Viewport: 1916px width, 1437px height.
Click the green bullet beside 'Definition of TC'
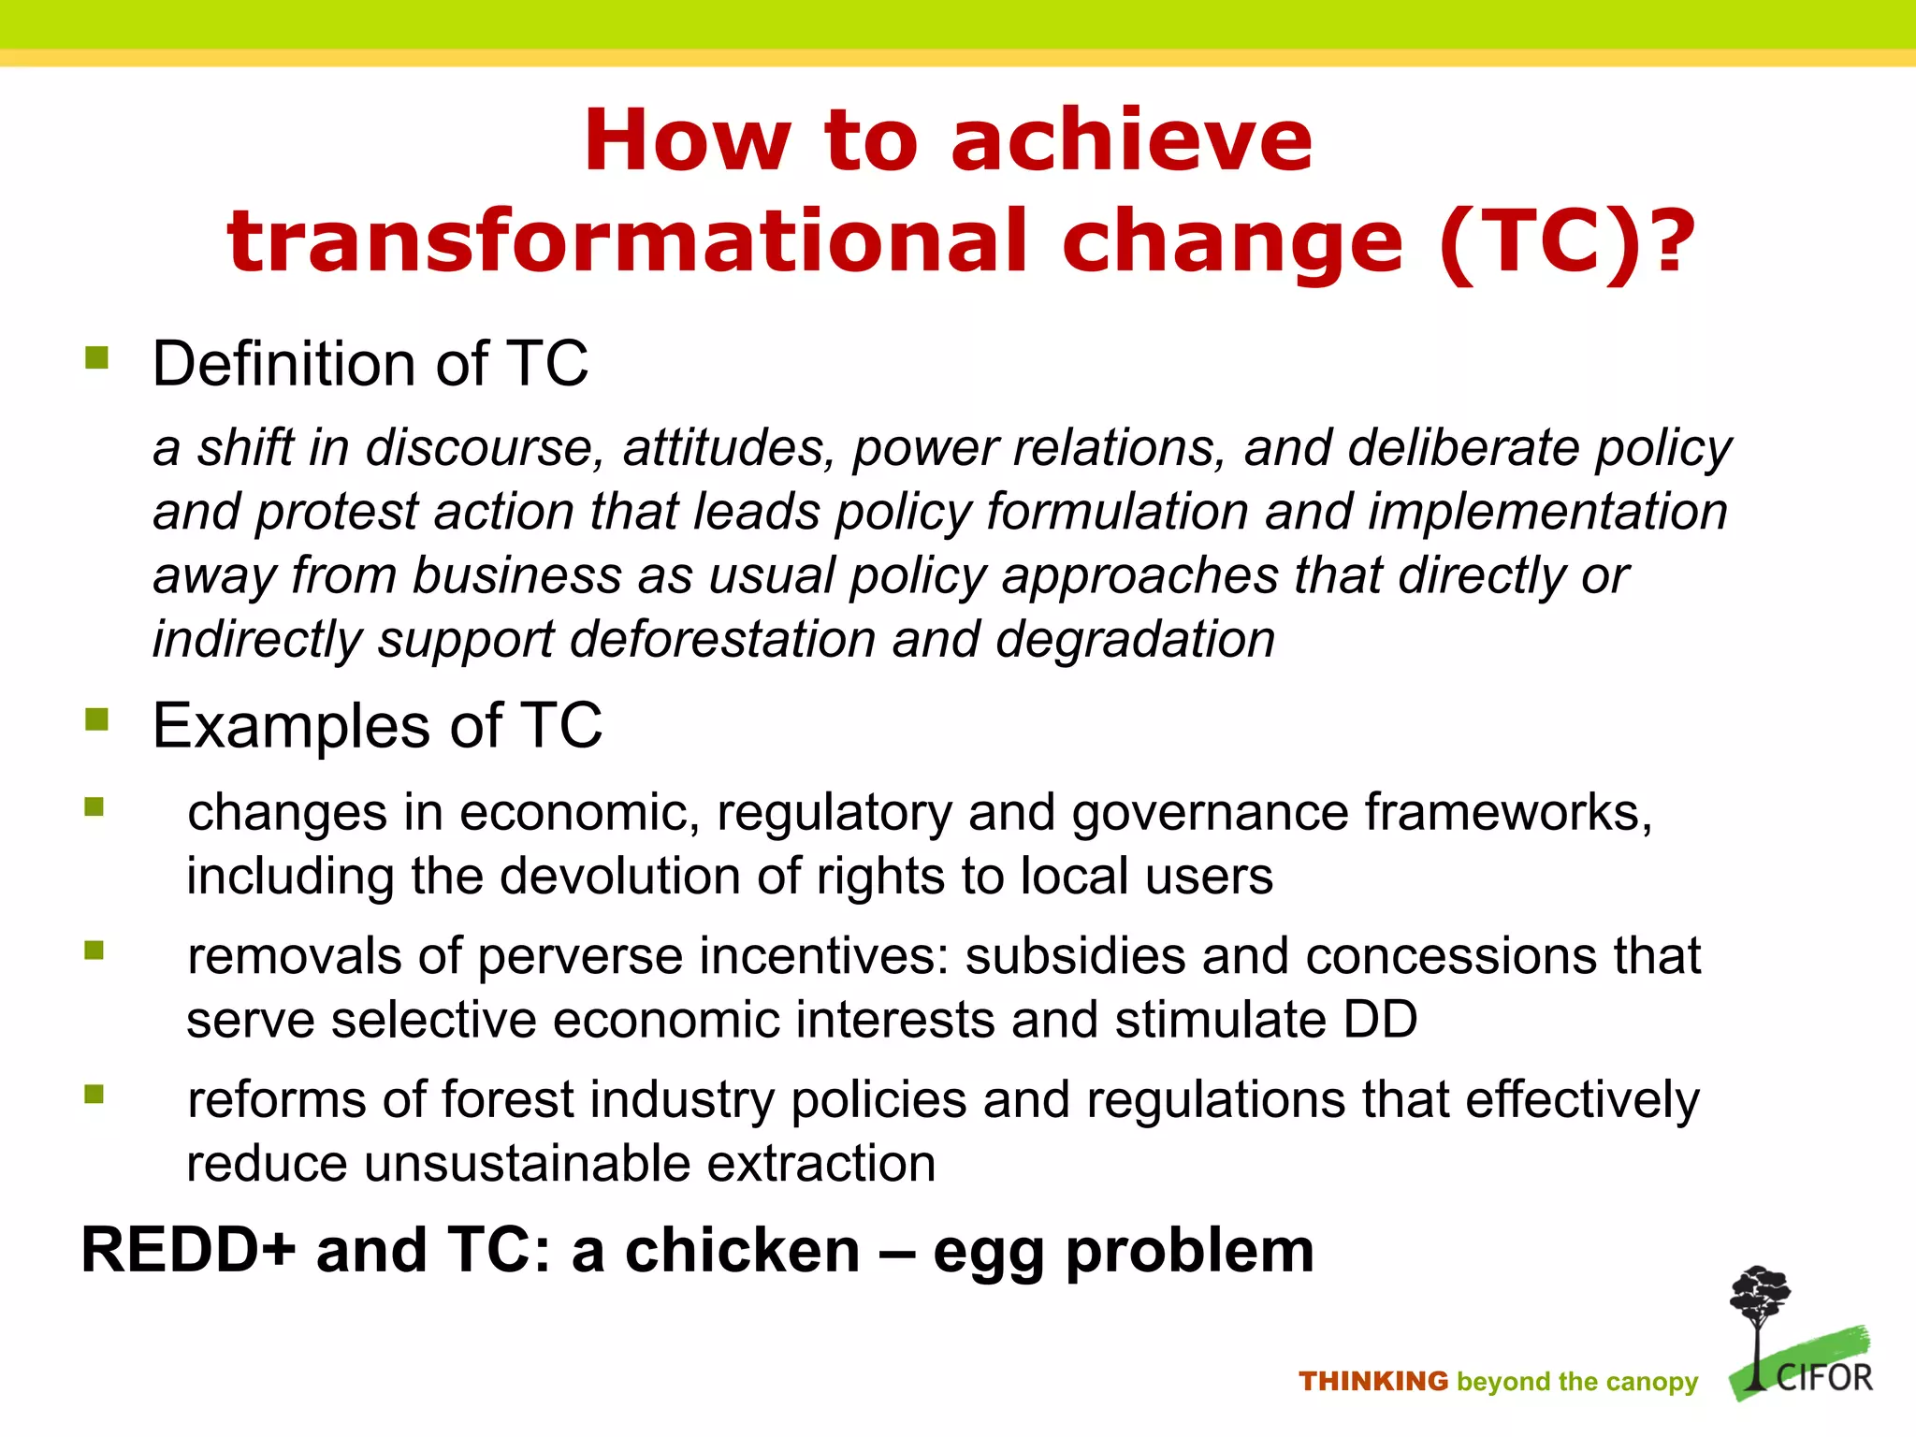tap(96, 358)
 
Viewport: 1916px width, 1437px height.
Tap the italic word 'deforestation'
tap(722, 640)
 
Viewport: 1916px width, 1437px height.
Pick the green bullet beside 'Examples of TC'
tap(96, 719)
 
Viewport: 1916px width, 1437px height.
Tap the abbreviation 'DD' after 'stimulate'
tap(1380, 1020)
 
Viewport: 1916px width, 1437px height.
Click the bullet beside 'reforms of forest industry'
tap(94, 1094)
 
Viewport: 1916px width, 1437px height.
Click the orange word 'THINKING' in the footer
tap(1372, 1381)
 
